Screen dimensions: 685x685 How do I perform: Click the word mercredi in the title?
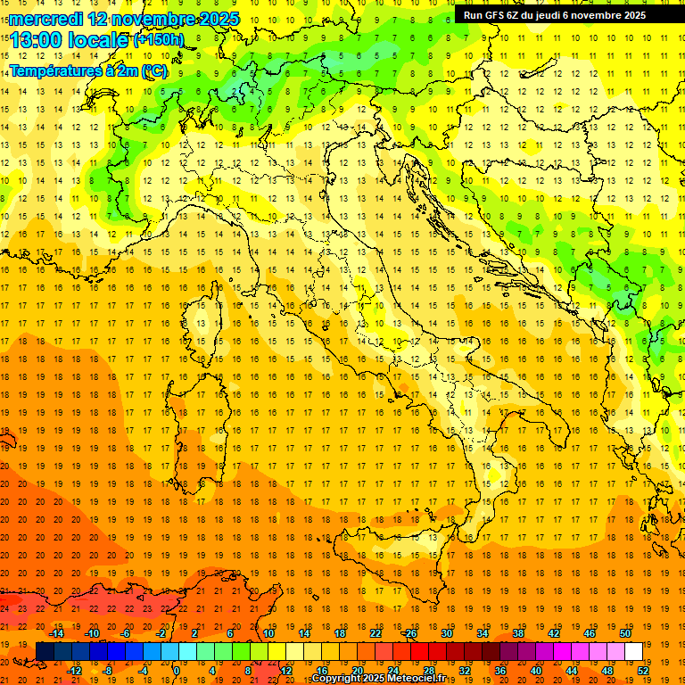[x=45, y=19]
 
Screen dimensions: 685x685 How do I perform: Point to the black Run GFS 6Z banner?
[x=561, y=15]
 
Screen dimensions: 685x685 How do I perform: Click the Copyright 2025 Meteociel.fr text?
[x=378, y=679]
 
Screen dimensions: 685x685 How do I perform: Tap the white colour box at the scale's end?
[x=633, y=652]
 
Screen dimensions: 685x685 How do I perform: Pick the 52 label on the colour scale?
[x=642, y=671]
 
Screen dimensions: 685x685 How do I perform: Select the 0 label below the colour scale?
[x=177, y=671]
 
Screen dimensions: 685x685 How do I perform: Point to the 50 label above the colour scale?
[x=625, y=633]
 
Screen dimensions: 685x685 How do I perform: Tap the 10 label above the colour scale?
[x=268, y=633]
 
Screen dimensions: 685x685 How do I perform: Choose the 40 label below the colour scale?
[x=536, y=671]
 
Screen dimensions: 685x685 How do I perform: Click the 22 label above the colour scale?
[x=376, y=633]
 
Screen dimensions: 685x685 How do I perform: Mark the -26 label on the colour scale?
[x=409, y=633]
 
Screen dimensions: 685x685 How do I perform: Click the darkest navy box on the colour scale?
[x=45, y=652]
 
